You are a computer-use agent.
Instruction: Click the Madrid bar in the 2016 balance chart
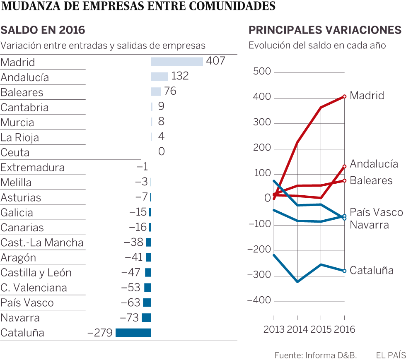[177, 62]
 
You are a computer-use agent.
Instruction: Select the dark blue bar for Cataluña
[133, 333]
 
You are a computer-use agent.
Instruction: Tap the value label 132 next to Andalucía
[180, 76]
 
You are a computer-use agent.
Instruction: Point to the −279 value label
[100, 333]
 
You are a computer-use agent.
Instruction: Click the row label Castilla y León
[36, 273]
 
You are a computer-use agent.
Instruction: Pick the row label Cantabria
[25, 108]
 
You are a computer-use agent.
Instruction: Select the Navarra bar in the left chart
[146, 318]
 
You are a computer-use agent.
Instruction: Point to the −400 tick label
[259, 300]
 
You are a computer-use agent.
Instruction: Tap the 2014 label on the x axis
[297, 330]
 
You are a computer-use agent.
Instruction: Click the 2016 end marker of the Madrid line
[344, 97]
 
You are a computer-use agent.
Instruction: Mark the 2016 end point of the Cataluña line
[344, 271]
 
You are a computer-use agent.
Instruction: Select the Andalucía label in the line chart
[374, 164]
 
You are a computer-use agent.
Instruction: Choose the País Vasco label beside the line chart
[376, 212]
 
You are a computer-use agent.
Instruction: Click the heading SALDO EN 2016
[43, 30]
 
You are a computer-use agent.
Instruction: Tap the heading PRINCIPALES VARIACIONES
[325, 30]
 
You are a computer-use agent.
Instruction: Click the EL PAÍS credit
[390, 355]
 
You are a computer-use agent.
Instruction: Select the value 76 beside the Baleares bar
[170, 91]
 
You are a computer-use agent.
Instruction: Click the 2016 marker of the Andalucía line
[344, 166]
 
